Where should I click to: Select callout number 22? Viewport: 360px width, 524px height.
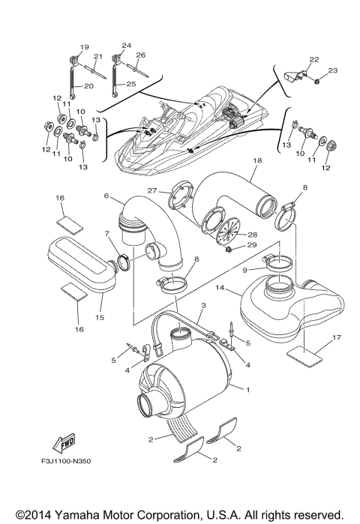(313, 58)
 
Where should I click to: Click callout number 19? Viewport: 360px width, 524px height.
(84, 47)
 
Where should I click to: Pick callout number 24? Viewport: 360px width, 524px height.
(126, 45)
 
